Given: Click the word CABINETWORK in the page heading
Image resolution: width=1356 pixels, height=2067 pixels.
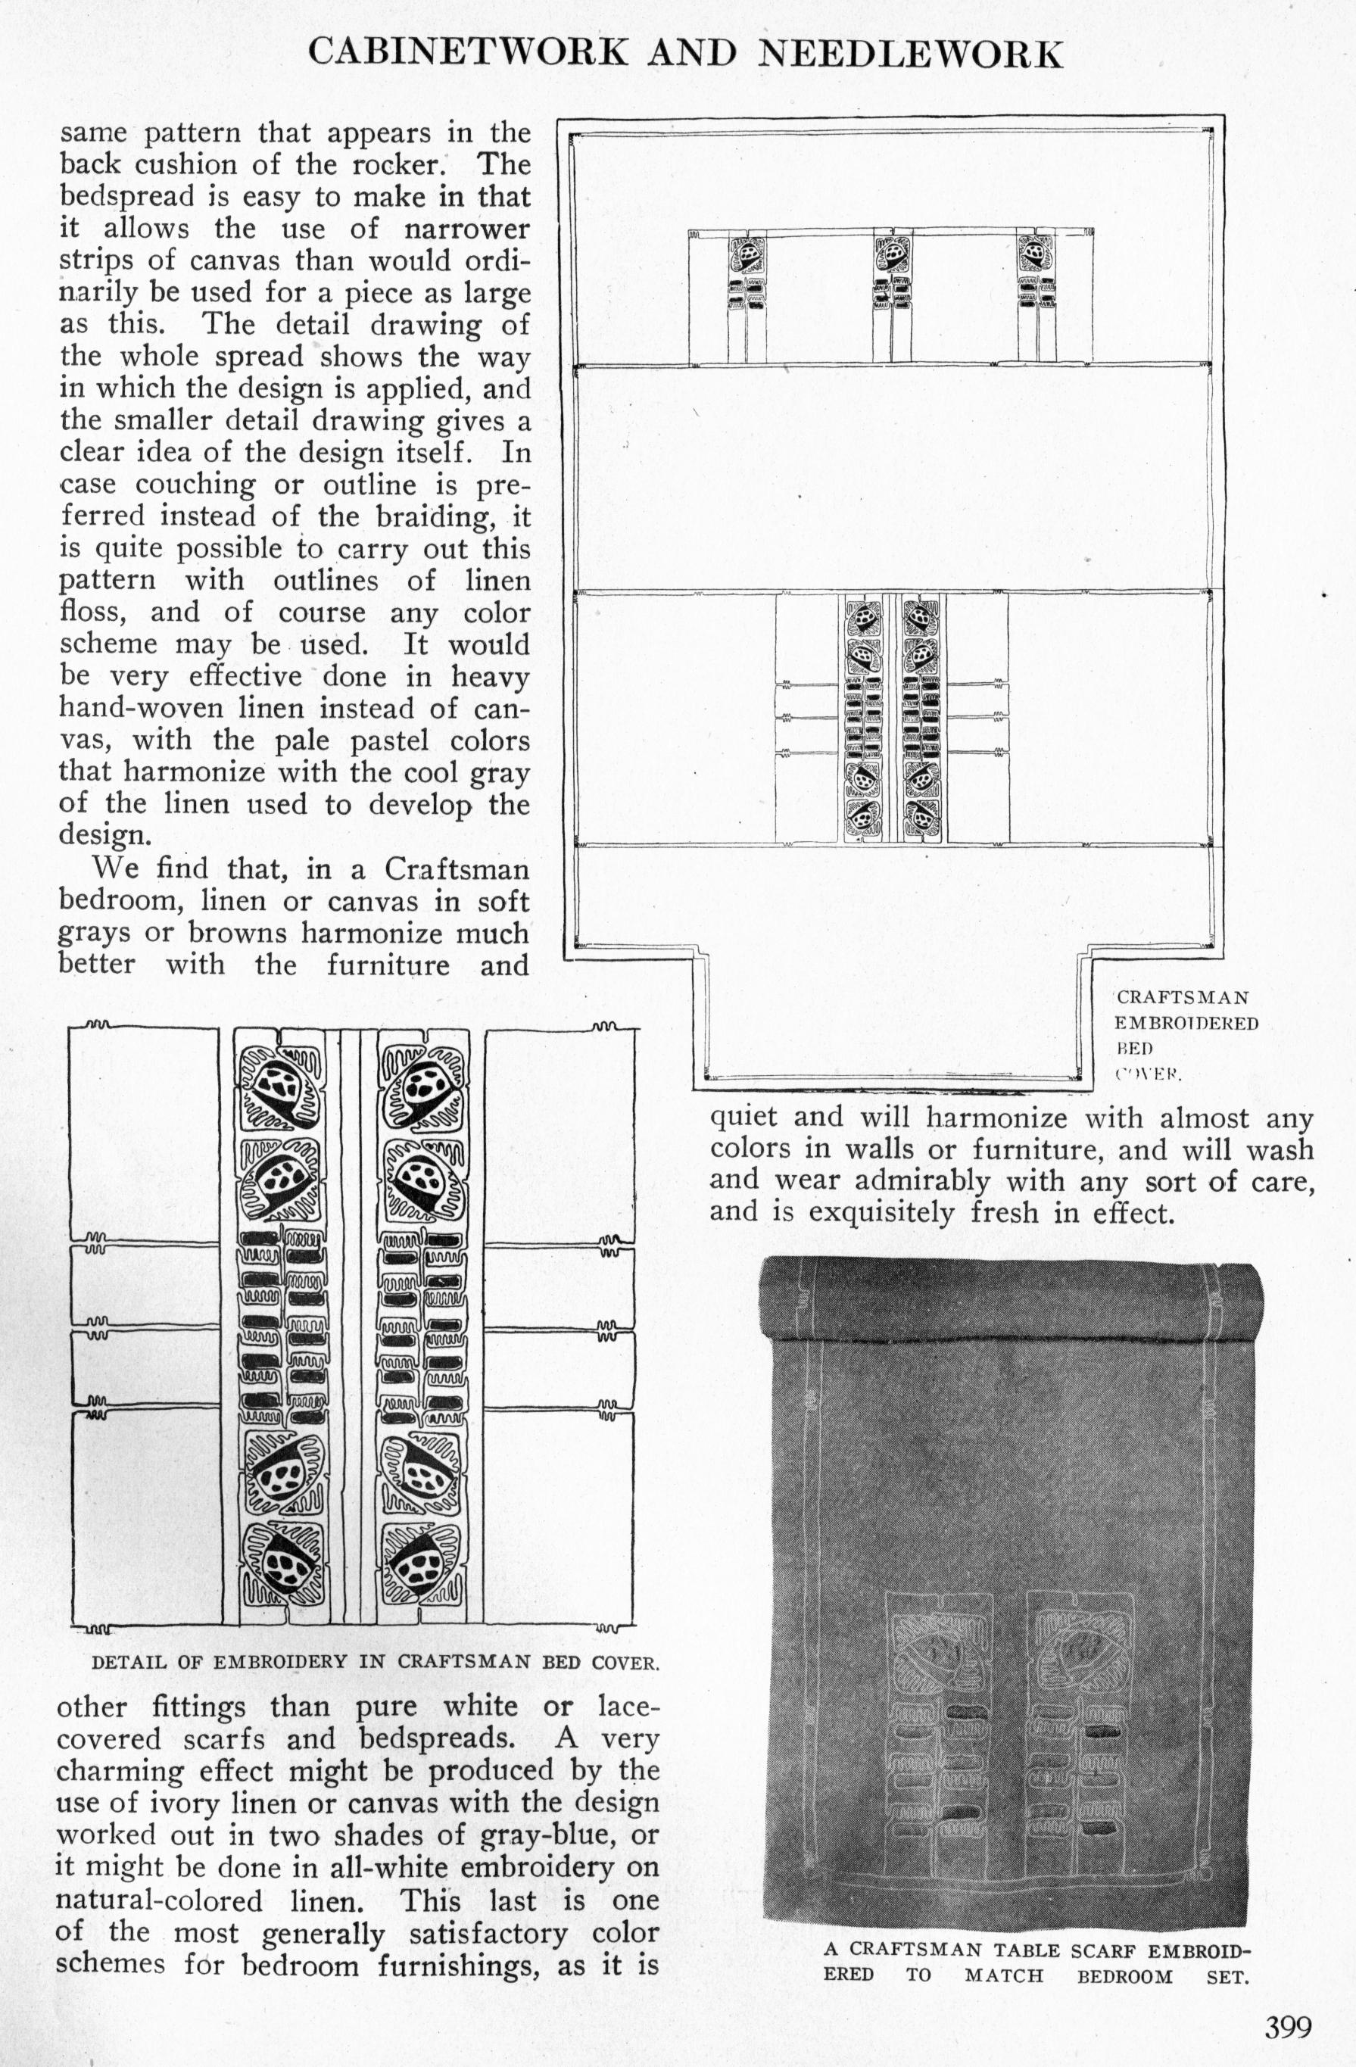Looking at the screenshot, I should [467, 53].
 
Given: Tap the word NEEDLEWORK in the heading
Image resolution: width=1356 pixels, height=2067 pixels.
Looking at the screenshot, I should [910, 53].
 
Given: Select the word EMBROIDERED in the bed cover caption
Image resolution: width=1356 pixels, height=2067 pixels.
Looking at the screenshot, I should [1186, 1023].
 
